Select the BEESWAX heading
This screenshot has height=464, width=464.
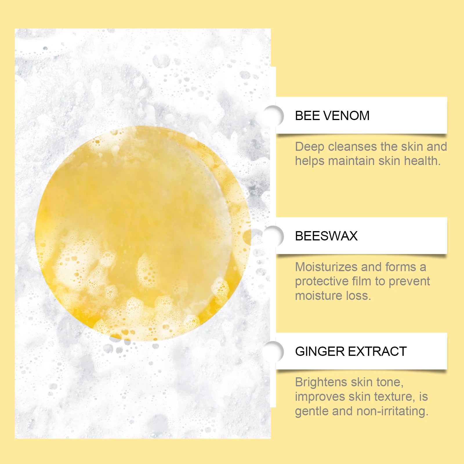click(326, 236)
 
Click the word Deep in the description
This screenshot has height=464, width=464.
click(309, 147)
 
